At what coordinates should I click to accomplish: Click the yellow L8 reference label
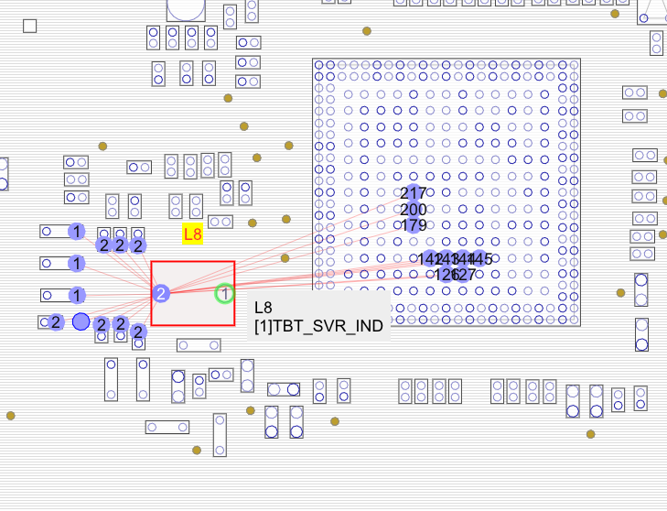point(192,234)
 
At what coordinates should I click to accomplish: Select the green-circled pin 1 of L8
point(224,294)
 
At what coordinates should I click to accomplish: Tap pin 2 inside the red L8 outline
point(161,294)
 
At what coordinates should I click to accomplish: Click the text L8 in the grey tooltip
point(264,308)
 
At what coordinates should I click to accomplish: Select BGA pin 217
point(414,193)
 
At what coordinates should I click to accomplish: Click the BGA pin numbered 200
point(414,210)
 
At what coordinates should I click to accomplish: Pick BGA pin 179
point(414,225)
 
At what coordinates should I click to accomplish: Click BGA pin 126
point(446,274)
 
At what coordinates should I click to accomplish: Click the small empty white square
point(30,26)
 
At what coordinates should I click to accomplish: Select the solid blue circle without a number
point(81,321)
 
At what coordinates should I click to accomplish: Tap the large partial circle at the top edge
point(185,7)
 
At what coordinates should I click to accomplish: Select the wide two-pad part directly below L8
point(199,345)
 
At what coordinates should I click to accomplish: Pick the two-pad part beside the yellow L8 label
point(221,222)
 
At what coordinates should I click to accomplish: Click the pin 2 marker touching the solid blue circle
point(102,324)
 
